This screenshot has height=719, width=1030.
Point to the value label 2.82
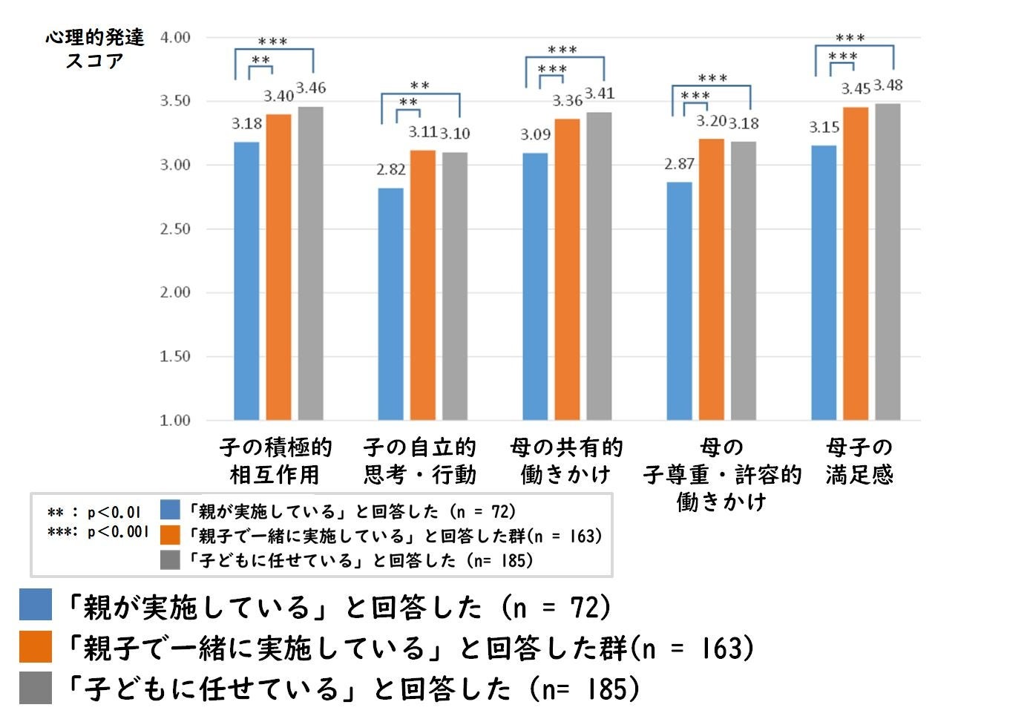click(390, 170)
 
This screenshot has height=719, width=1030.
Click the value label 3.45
click(855, 89)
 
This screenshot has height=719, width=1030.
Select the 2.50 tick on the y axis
click(175, 229)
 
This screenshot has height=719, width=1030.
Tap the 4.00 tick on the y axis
click(175, 37)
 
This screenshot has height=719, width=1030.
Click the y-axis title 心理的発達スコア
click(95, 49)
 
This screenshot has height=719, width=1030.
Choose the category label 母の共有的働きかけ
click(566, 461)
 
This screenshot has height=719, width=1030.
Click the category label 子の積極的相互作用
click(275, 461)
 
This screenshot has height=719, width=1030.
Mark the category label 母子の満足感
click(859, 461)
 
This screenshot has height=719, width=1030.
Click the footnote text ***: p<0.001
click(98, 532)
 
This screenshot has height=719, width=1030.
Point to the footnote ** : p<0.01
click(94, 513)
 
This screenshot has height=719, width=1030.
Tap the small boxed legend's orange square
click(171, 535)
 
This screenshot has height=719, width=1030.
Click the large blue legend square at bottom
click(36, 605)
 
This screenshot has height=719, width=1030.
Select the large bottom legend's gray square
click(36, 688)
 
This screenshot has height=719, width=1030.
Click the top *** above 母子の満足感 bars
click(850, 38)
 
